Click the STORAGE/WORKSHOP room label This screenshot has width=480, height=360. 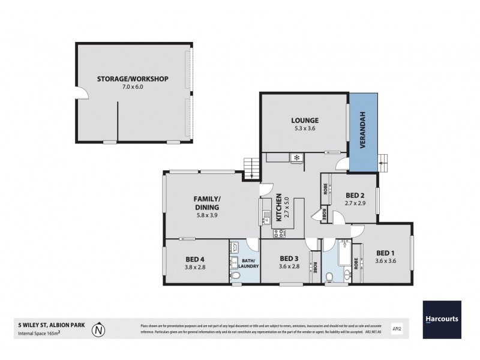point(133,79)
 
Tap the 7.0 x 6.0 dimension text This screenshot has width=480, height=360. point(133,87)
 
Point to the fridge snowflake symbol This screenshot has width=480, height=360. point(296,158)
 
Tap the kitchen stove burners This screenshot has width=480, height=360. point(278,233)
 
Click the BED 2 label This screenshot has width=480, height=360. point(355,195)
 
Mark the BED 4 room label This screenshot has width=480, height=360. point(196,259)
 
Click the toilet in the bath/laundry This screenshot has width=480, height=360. point(236,275)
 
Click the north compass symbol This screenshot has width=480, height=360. point(100,329)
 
